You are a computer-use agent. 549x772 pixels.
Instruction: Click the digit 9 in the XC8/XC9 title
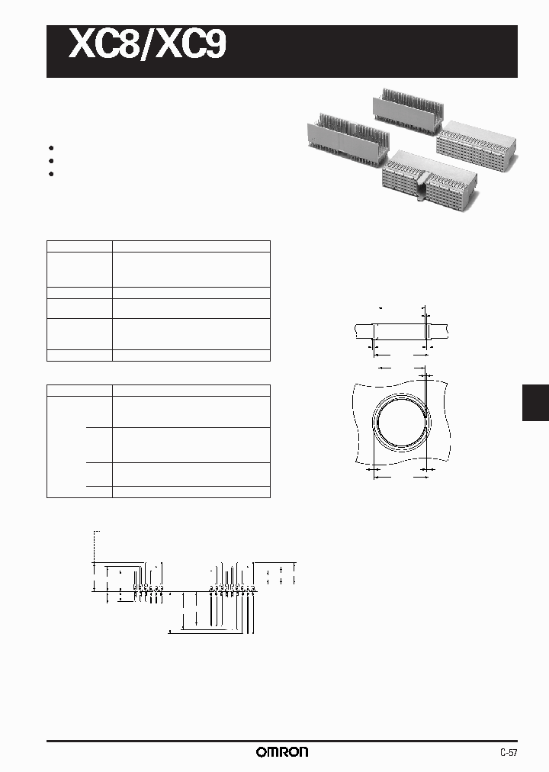[x=213, y=44]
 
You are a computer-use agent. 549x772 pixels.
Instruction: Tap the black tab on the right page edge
[x=535, y=402]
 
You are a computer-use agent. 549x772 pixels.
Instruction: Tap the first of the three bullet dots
[x=51, y=148]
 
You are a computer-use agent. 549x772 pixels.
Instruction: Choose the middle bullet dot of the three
[x=51, y=161]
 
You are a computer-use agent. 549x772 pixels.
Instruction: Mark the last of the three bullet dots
[x=51, y=174]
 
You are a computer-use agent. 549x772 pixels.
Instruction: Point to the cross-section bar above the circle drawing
[x=401, y=330]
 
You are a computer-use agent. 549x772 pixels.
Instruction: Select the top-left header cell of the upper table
[x=79, y=246]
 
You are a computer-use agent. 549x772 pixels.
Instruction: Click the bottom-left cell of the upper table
[x=79, y=355]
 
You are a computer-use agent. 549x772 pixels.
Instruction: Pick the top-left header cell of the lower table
[x=79, y=390]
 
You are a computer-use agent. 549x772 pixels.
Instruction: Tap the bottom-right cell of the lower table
[x=191, y=491]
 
